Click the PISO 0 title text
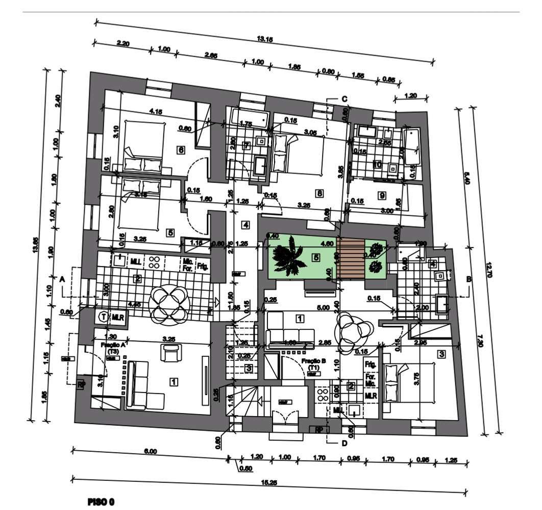(101, 502)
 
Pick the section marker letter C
(344, 99)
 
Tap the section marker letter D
(344, 443)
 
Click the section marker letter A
(62, 279)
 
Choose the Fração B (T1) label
(310, 363)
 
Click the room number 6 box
(180, 150)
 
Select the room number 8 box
(319, 193)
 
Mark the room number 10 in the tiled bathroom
(378, 164)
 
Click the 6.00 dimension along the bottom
(150, 451)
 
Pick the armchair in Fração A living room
(170, 352)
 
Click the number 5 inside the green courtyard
(316, 257)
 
